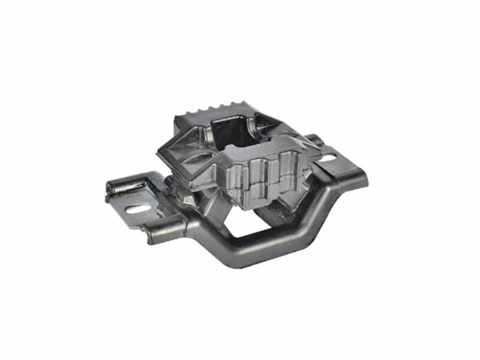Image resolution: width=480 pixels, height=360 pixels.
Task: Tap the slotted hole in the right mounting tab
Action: tap(328, 160)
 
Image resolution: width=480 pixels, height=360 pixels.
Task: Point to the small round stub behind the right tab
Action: tap(317, 142)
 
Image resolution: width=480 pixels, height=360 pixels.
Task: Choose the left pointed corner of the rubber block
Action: tap(160, 151)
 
